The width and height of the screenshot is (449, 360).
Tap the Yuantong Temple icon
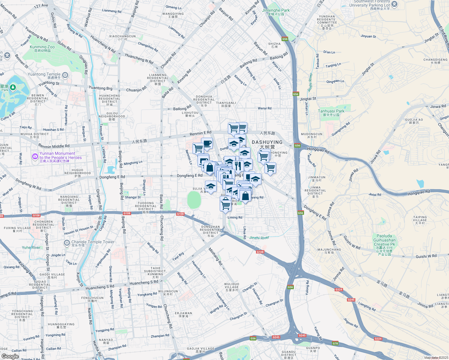click(x=65, y=75)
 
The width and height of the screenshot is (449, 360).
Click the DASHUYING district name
click(x=267, y=142)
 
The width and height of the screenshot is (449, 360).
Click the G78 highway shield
click(x=335, y=343)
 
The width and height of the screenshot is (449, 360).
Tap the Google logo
click(x=10, y=356)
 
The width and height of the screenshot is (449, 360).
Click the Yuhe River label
click(x=31, y=247)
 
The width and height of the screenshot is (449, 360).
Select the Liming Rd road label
click(x=235, y=217)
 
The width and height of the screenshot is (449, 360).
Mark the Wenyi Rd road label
click(x=264, y=108)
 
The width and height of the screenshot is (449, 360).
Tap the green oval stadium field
click(x=194, y=200)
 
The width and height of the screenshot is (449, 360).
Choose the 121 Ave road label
click(x=41, y=6)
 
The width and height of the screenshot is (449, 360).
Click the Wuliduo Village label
click(x=231, y=287)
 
